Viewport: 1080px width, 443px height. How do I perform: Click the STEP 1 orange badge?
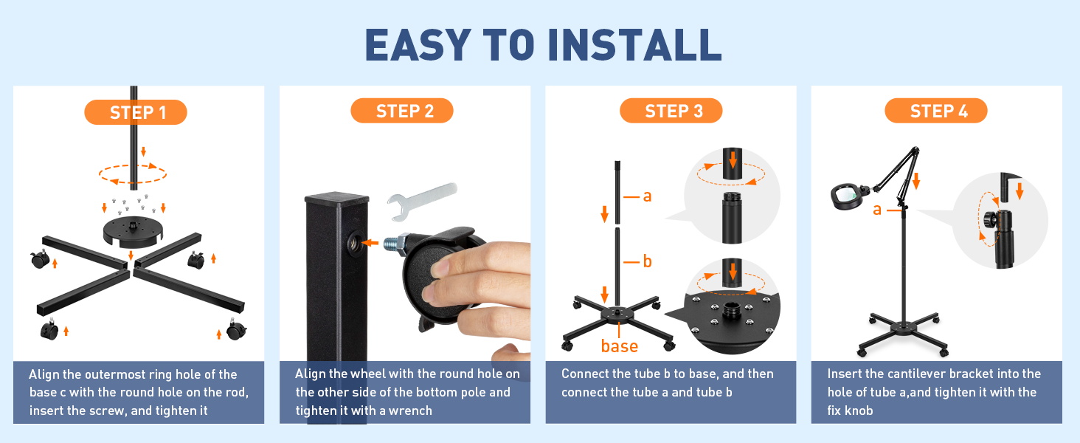click(x=136, y=112)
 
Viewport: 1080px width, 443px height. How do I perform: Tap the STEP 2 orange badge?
click(x=401, y=111)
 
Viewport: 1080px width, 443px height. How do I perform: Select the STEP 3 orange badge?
click(x=671, y=111)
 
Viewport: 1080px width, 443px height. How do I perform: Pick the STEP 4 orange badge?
click(x=936, y=111)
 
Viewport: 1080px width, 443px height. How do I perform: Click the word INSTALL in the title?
click(x=634, y=45)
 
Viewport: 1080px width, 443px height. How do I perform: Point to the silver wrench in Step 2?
click(x=422, y=201)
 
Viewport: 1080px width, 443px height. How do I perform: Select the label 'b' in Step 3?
click(x=647, y=261)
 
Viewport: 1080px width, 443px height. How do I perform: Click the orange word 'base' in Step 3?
click(x=620, y=346)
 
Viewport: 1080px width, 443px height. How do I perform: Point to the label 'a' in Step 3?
click(x=647, y=196)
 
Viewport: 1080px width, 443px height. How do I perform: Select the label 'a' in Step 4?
click(x=877, y=210)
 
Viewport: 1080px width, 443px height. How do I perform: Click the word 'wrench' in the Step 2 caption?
click(x=410, y=411)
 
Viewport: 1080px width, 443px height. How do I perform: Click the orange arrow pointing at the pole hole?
click(x=370, y=242)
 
